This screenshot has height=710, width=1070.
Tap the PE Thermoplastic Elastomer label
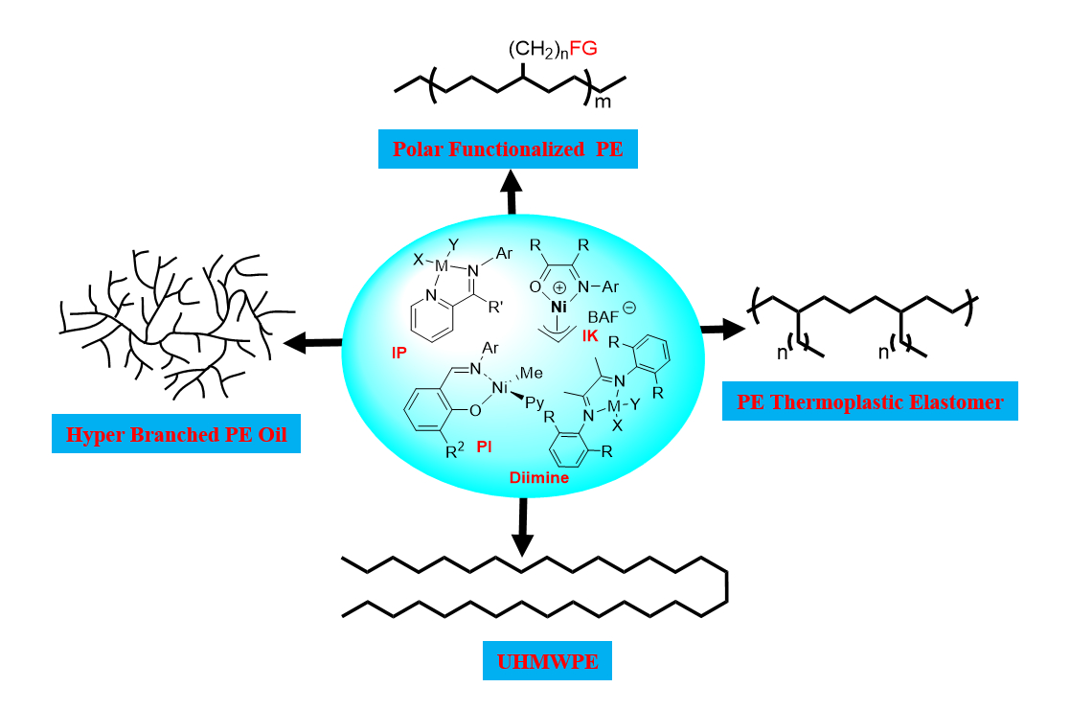870,401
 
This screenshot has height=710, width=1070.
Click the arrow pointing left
312,341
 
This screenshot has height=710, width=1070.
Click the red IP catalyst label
399,353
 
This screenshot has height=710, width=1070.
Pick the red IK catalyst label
590,335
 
